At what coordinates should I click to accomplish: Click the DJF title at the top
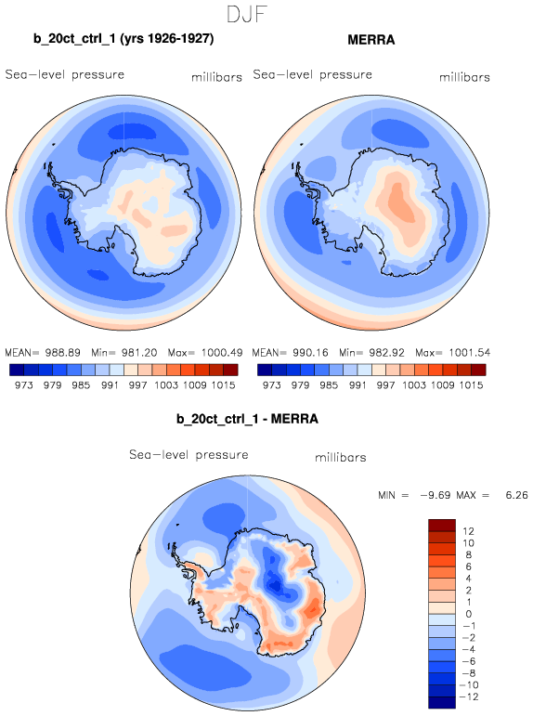247,15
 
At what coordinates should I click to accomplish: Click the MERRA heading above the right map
371,40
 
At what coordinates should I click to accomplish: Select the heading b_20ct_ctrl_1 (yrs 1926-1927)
123,39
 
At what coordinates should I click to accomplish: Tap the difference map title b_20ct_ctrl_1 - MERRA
247,419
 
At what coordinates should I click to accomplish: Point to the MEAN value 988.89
62,353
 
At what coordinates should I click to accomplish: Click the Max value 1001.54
470,353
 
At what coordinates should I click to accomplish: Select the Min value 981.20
139,353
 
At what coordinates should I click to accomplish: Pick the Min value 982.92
387,353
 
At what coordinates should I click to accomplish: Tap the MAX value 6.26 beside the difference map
516,495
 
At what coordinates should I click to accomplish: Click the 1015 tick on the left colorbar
223,385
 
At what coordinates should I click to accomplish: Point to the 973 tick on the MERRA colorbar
271,385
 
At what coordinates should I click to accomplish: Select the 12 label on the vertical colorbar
468,531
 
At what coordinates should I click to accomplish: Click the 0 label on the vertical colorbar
469,614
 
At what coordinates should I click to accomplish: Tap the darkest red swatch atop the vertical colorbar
442,525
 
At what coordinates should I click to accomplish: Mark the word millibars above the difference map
341,457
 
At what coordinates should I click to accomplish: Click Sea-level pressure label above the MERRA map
312,74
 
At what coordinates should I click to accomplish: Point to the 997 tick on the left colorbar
137,385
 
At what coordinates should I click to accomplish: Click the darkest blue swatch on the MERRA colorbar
265,370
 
